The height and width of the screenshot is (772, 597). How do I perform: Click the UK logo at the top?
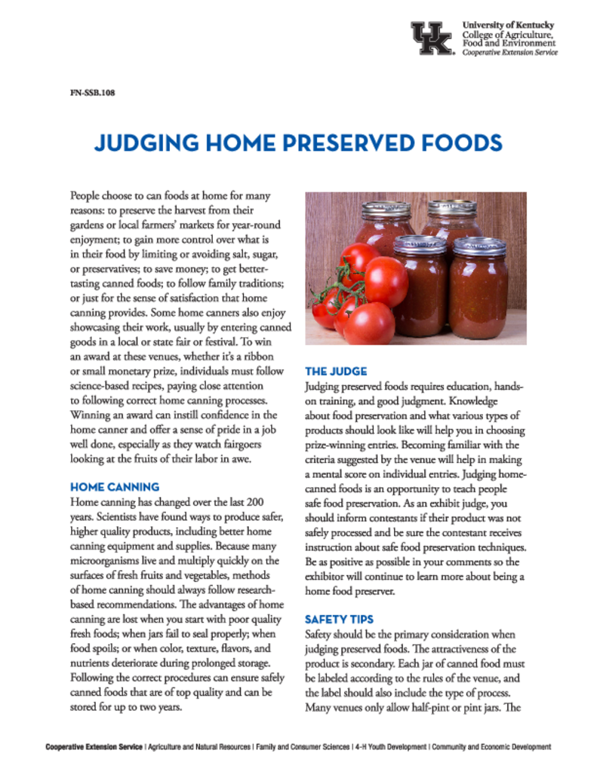(431, 38)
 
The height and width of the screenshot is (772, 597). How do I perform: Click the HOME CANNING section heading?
(114, 487)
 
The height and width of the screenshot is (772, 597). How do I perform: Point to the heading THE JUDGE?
(336, 371)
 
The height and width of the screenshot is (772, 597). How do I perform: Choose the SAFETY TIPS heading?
(339, 619)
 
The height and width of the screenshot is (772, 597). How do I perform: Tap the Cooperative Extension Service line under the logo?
(509, 53)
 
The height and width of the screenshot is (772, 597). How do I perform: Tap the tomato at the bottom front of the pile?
(370, 322)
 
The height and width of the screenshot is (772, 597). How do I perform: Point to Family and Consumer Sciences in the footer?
(302, 747)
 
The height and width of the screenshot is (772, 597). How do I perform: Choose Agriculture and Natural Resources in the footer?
(199, 747)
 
